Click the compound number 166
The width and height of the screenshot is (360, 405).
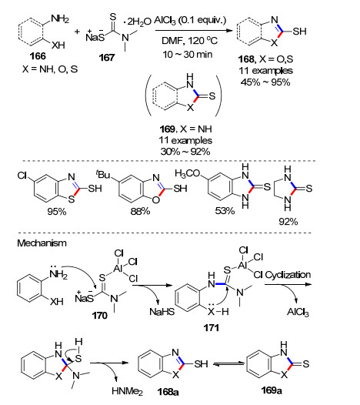coord(38,56)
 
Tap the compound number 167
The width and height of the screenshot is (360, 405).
coord(107,57)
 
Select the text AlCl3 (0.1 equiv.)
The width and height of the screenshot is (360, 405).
coord(190,21)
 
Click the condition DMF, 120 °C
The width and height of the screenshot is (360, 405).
coord(189,41)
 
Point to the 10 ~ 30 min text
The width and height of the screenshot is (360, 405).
coord(188,55)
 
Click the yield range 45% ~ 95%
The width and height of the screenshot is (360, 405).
coord(265,82)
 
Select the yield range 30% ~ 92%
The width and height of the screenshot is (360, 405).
coord(185,152)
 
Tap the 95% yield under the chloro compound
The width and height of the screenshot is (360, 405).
coord(57,212)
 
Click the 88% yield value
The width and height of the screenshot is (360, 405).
coord(140,212)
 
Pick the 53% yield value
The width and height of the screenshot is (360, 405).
coord(225,211)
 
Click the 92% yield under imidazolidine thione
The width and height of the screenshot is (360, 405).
coord(288,222)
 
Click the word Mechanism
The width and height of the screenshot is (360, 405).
coord(42,243)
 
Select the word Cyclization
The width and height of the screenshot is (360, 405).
coord(288,275)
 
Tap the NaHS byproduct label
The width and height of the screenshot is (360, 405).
coord(162,312)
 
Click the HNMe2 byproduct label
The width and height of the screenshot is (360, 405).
coord(127,391)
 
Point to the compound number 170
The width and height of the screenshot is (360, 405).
coord(99,316)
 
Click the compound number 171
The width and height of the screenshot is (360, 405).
coord(211,328)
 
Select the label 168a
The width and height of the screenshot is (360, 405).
coord(168,392)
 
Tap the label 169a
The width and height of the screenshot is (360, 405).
coord(272,390)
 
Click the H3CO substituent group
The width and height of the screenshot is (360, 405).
coord(188,173)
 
